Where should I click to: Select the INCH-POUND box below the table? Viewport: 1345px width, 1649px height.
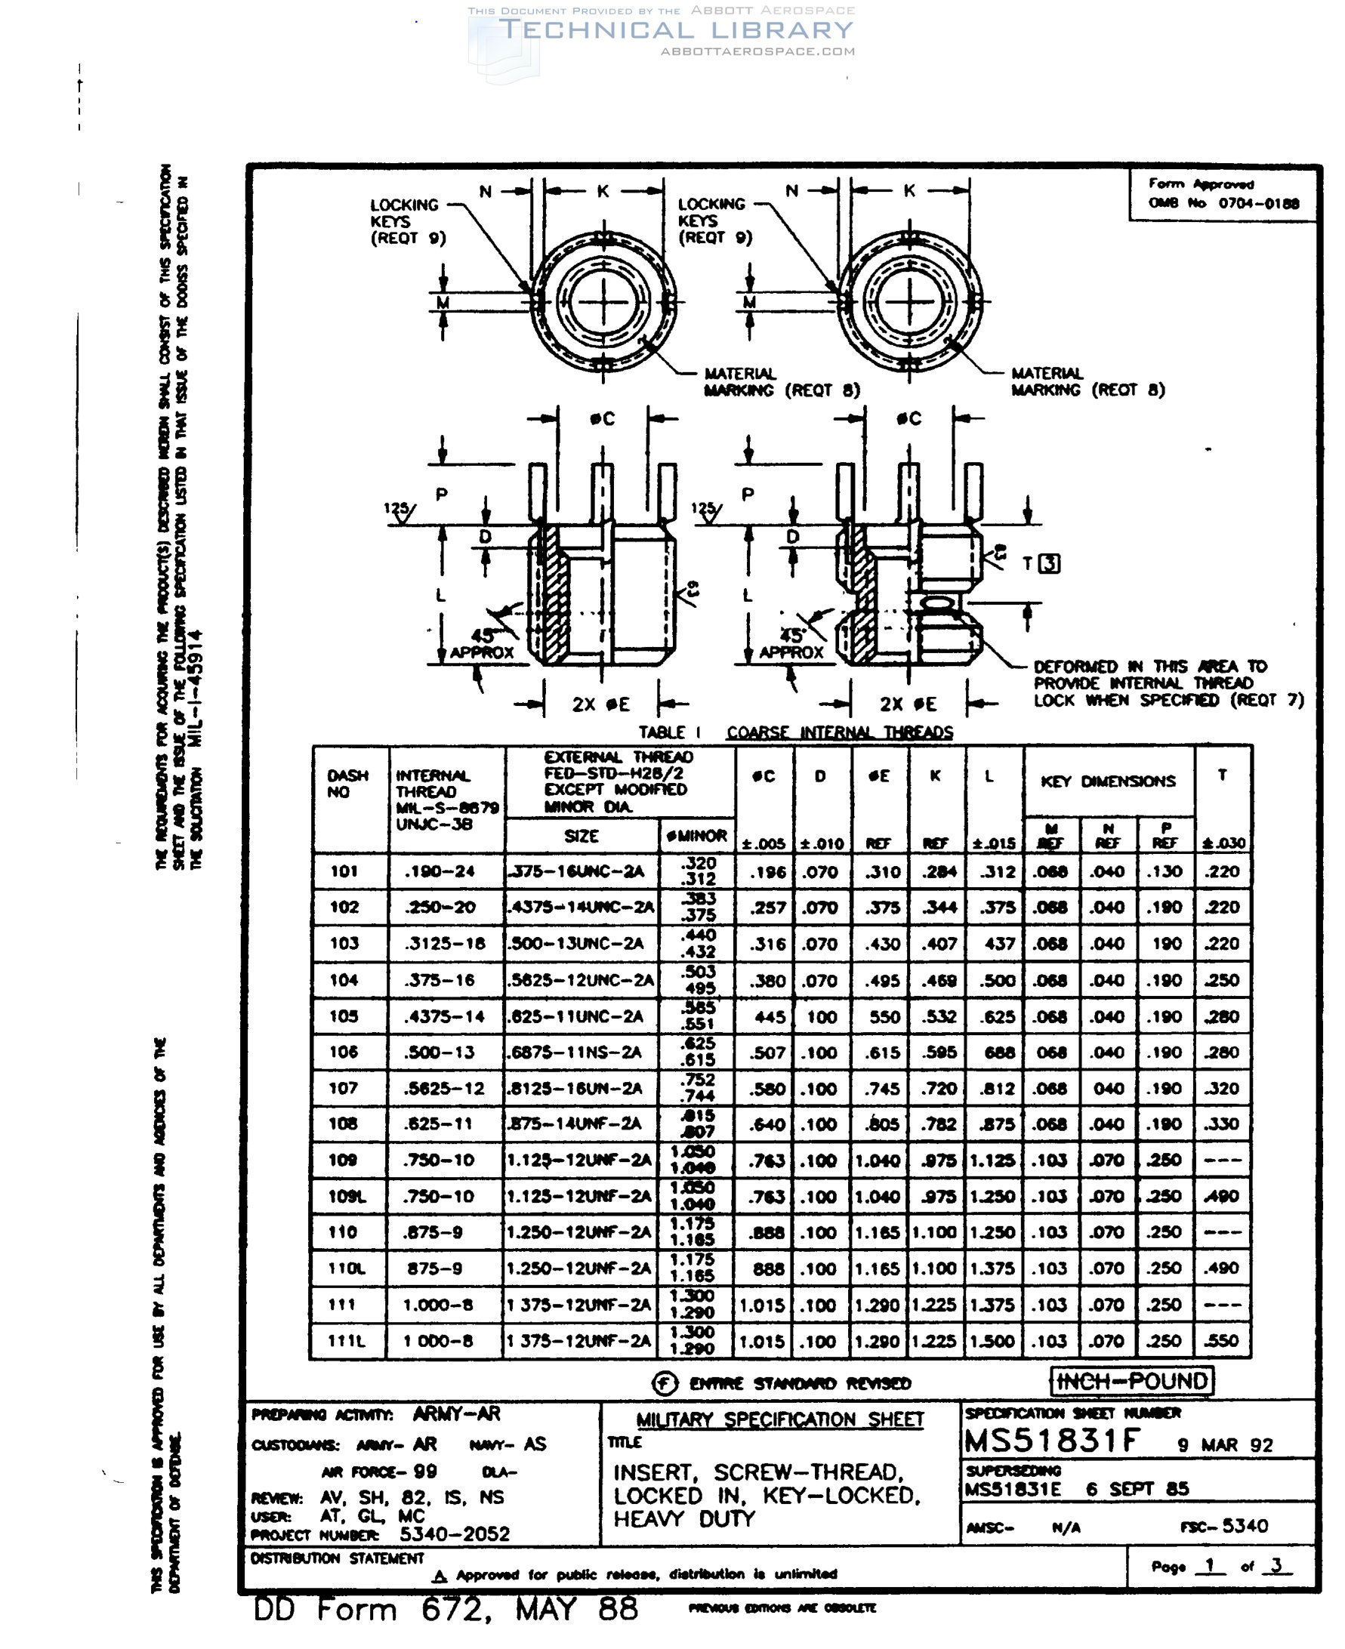click(1131, 1381)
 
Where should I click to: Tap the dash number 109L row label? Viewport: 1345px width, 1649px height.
click(346, 1197)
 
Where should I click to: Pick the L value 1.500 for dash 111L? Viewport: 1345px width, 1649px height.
click(992, 1341)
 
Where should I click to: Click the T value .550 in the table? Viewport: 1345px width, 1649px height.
click(1221, 1340)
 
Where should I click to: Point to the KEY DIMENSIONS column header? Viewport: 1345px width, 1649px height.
click(1107, 781)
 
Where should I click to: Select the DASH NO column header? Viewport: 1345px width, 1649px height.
click(347, 784)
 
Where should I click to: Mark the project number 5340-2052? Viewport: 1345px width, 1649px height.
click(454, 1534)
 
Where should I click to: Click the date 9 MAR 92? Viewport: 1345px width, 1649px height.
click(1225, 1444)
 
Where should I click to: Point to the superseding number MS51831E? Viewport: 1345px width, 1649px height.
click(1013, 1489)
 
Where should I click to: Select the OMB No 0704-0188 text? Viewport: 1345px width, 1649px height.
click(1223, 203)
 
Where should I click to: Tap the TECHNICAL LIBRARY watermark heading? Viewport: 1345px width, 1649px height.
click(676, 30)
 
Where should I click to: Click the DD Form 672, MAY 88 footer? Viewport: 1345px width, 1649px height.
click(446, 1610)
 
